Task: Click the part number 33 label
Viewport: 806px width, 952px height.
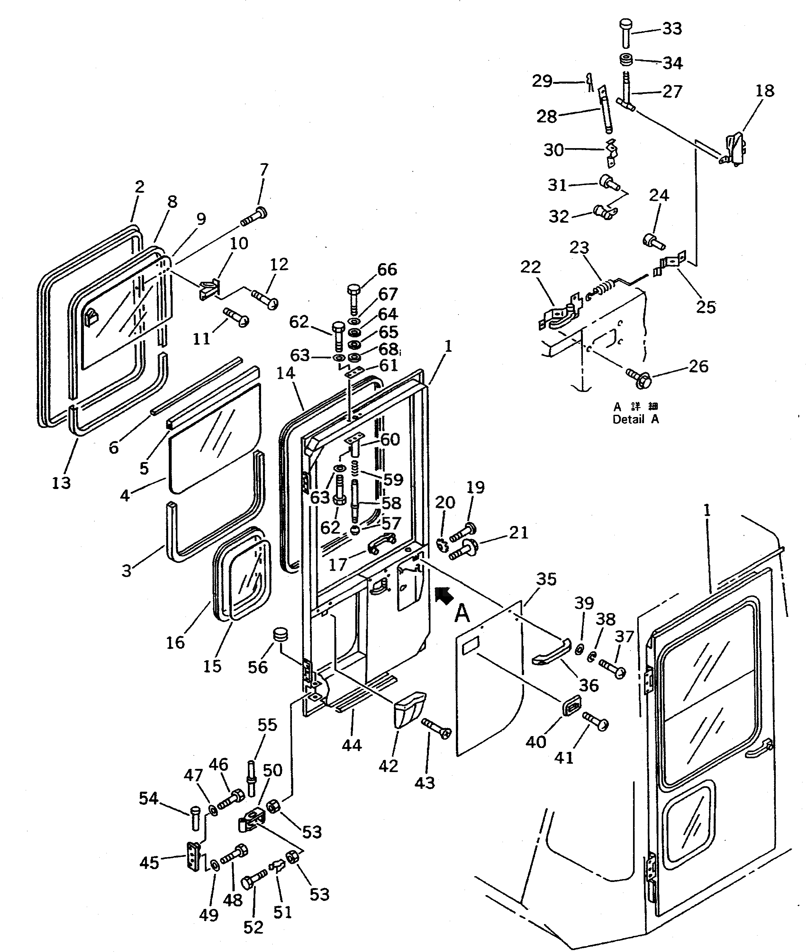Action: coord(672,29)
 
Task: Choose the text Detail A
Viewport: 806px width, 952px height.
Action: coord(636,419)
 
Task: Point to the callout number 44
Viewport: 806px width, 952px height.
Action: coord(351,745)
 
